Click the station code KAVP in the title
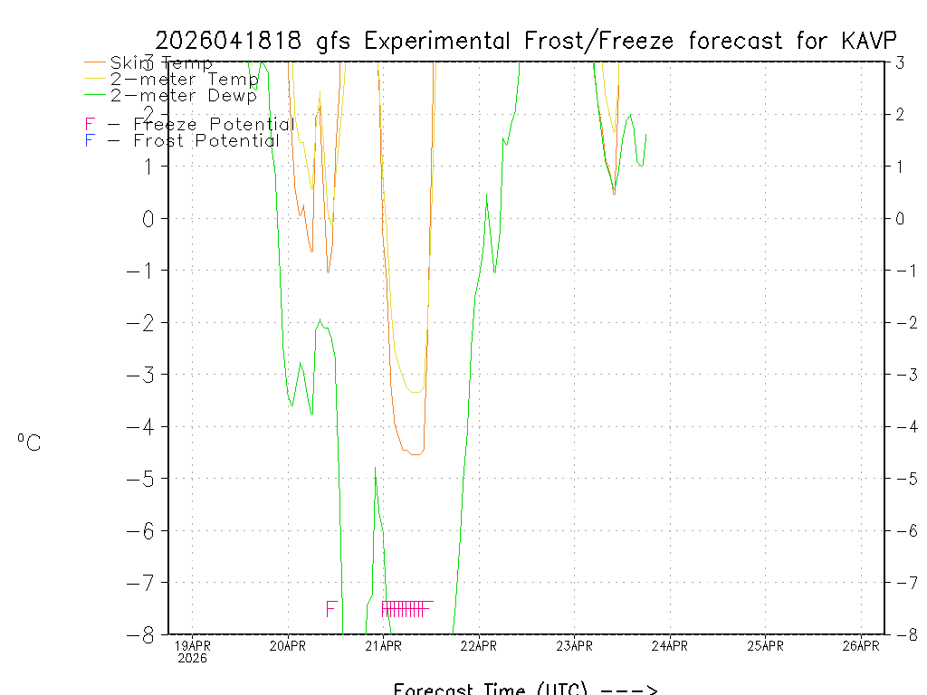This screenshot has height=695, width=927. pos(869,41)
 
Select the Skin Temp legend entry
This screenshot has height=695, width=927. pos(161,63)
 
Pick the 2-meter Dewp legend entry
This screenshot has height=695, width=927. pos(183,95)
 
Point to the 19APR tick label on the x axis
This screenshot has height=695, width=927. pos(192,645)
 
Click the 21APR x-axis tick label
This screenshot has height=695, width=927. pos(383,645)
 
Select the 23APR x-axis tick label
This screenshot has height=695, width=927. pos(574,645)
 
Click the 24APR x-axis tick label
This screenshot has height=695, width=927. pos(670,645)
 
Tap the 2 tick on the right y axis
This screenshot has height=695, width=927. pos(901,114)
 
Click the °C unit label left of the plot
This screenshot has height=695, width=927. pos(29,443)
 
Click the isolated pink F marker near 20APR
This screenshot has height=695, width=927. pos(331,608)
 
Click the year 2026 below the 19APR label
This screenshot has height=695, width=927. pos(192,658)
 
